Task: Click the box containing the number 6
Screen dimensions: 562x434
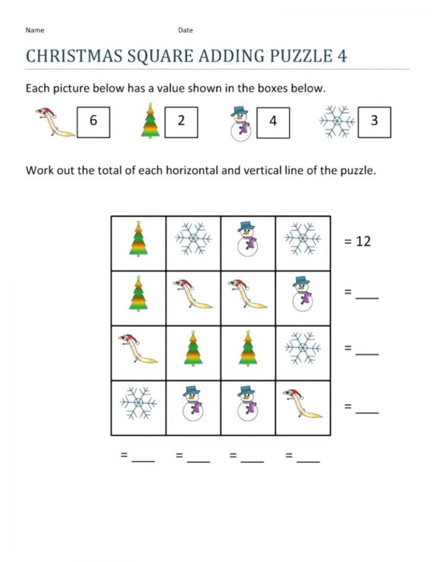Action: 93,121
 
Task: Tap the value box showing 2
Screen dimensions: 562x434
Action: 181,121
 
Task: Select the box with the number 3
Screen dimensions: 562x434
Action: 374,121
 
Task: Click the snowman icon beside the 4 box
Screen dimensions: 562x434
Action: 240,123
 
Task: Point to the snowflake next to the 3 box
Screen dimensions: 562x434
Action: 337,122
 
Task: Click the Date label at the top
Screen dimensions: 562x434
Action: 185,30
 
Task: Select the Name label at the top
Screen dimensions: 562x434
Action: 35,30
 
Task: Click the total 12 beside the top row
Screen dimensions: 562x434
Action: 363,242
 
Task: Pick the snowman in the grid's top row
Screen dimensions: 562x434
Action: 248,240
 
